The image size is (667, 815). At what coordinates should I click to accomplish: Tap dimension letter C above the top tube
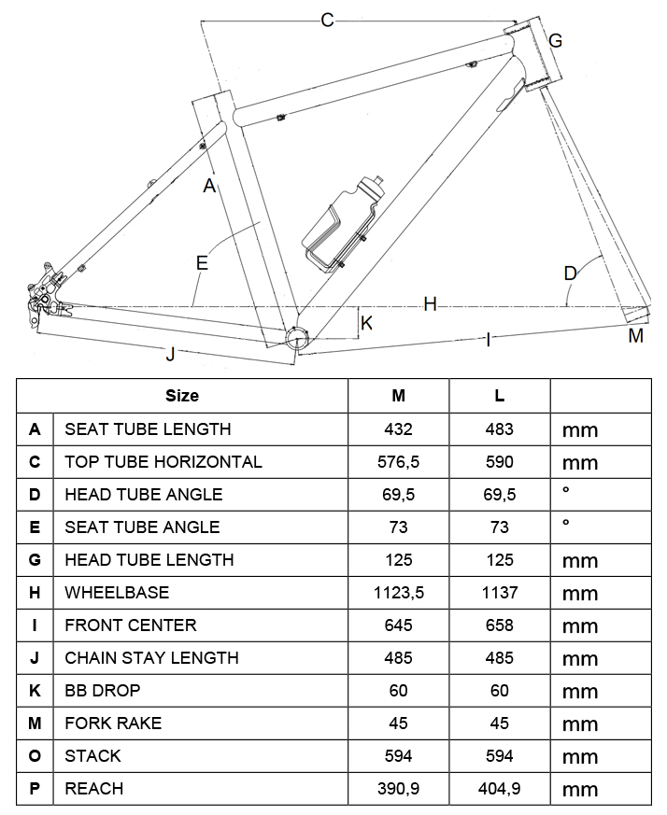(327, 20)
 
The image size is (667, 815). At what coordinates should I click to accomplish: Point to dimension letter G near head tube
(555, 40)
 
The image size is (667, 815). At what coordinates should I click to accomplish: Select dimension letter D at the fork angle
(570, 274)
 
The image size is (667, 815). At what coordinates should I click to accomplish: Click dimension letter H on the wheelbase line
(430, 303)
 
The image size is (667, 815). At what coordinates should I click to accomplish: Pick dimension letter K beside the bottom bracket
(367, 323)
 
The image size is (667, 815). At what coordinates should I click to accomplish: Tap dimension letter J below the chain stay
(169, 354)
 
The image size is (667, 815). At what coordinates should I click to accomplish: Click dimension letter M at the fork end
(635, 335)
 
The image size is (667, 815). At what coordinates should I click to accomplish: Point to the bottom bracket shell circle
(299, 338)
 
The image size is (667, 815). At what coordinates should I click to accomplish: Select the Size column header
(182, 396)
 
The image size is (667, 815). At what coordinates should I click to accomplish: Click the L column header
(500, 396)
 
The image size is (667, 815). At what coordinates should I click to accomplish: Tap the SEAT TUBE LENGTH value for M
(399, 429)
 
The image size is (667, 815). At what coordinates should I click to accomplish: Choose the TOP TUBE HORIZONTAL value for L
(500, 462)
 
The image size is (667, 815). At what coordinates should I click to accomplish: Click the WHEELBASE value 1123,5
(399, 593)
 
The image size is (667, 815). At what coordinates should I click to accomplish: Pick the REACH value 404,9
(500, 789)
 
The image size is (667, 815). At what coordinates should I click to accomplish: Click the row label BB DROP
(103, 691)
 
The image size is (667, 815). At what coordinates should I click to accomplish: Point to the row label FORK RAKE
(113, 724)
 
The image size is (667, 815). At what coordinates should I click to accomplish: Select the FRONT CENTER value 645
(399, 625)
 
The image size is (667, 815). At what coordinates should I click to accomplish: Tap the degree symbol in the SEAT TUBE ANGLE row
(566, 524)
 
